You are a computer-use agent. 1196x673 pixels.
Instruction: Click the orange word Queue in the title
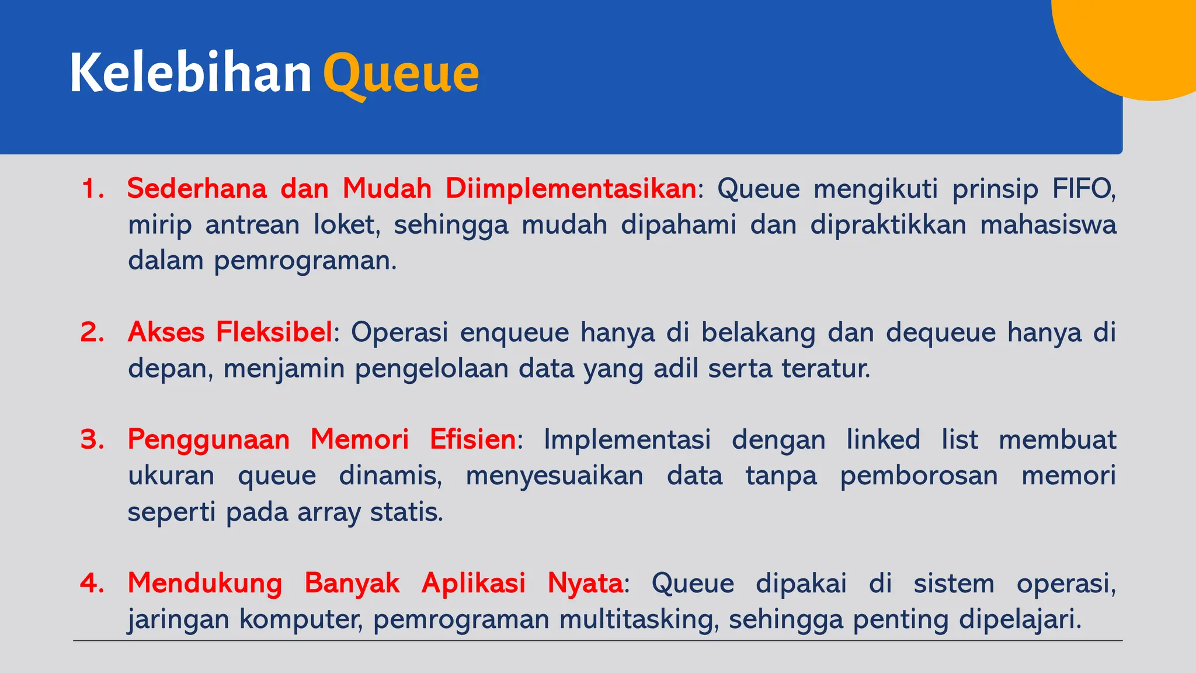point(401,74)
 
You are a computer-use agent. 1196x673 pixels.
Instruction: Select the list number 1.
point(92,189)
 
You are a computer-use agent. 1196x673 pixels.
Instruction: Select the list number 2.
point(92,332)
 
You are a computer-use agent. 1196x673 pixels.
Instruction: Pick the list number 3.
point(92,439)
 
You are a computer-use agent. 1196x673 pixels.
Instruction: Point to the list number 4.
point(92,583)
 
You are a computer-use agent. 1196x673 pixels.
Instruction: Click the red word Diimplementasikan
point(571,189)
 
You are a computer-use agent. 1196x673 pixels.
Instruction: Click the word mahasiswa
point(1048,225)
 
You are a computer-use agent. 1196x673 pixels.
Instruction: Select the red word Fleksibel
point(274,332)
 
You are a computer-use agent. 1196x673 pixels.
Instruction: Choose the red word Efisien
point(472,439)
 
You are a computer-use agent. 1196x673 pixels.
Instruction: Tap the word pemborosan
point(919,476)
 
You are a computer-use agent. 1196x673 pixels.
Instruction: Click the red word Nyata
point(585,583)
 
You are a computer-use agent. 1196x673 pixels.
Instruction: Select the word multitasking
point(638,619)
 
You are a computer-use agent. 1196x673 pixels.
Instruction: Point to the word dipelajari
point(1020,619)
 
